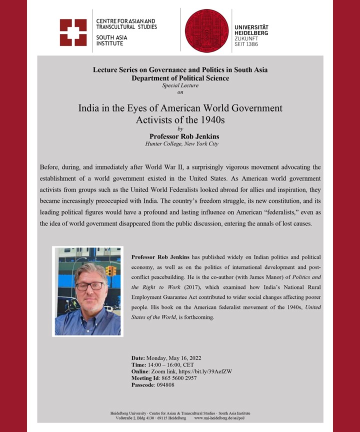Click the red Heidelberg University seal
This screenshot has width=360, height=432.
[x=206, y=30]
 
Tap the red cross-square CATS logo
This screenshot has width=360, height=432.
[x=73, y=32]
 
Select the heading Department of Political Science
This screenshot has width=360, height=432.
[x=180, y=78]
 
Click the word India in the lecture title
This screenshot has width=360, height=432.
[x=89, y=108]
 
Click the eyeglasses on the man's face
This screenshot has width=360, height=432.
[x=90, y=286]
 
